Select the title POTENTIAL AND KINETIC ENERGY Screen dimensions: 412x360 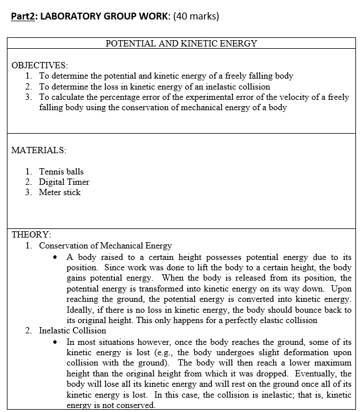click(x=181, y=44)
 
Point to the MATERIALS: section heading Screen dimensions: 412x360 click(x=38, y=150)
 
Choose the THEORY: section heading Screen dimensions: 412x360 click(x=32, y=235)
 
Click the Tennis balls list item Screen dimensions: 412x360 click(x=61, y=172)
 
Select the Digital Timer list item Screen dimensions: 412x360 click(x=64, y=182)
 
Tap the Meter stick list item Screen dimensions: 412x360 click(x=60, y=192)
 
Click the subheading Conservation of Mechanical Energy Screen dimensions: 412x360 click(x=105, y=246)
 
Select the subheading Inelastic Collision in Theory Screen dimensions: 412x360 click(x=72, y=331)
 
